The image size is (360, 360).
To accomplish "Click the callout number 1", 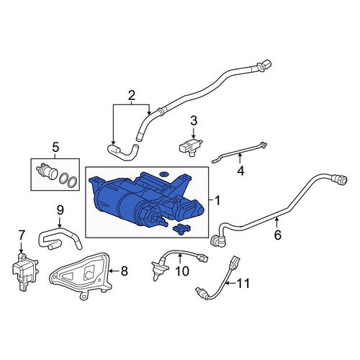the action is [x=217, y=201].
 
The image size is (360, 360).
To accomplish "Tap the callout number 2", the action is [x=132, y=95].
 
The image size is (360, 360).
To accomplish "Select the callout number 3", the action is [x=194, y=121].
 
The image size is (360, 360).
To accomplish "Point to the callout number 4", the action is [x=240, y=171].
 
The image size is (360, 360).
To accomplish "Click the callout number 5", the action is [x=55, y=147].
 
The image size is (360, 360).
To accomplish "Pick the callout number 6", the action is [x=278, y=235].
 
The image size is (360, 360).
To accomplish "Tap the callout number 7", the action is [x=22, y=235].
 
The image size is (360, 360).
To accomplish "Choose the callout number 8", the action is [x=124, y=271].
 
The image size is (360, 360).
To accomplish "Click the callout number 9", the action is [x=60, y=210].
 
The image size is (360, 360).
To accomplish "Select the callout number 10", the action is [x=182, y=271].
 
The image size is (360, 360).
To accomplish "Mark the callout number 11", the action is [x=243, y=284].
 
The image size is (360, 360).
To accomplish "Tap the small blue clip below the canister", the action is [x=180, y=229].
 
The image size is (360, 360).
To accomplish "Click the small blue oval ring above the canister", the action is [x=164, y=174].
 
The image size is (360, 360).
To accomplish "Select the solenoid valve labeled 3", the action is [x=190, y=146].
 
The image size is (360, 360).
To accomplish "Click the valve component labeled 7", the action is [x=24, y=271].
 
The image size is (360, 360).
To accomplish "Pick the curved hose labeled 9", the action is [x=60, y=238].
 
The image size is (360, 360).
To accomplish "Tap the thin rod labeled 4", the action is [x=240, y=152].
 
